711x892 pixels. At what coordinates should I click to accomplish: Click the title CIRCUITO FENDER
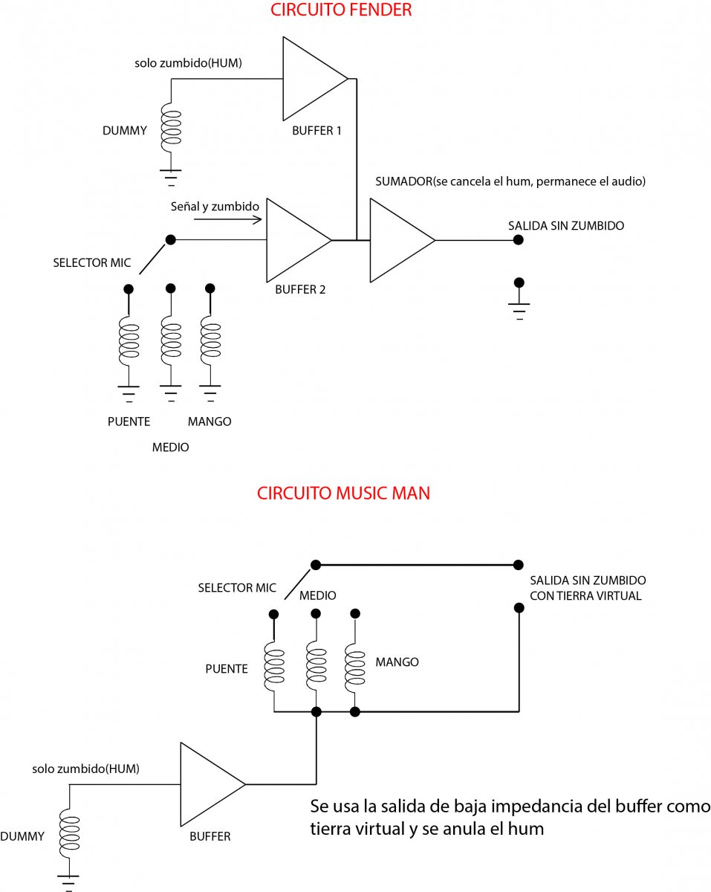coord(341,10)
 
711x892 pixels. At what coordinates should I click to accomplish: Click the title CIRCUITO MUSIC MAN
coord(343,493)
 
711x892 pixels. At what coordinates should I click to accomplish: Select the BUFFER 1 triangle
coord(308,80)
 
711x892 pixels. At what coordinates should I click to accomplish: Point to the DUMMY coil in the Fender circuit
coord(171,126)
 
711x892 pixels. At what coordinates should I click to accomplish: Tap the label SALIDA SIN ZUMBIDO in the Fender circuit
coord(566,225)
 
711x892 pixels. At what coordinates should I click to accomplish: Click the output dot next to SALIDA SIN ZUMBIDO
coord(519,239)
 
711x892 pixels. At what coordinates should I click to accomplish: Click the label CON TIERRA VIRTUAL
coord(585,595)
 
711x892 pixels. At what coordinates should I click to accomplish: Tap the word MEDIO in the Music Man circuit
coord(317,595)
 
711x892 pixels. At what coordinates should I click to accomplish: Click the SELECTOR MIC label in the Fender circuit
coord(91,263)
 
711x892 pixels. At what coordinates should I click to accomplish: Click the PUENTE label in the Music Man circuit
coord(227,668)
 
